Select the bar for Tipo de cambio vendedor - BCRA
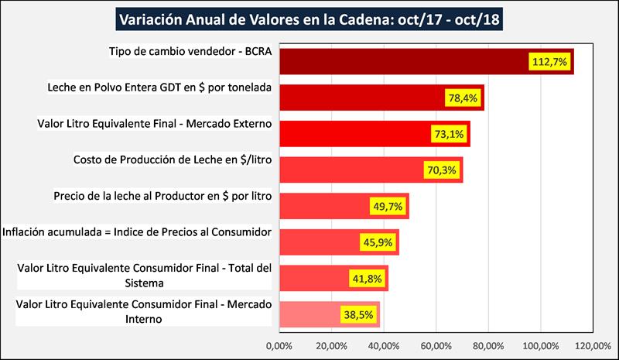(402, 61)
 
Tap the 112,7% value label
(549, 61)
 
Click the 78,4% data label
(462, 98)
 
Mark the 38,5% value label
(357, 315)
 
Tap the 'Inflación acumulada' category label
(136, 232)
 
